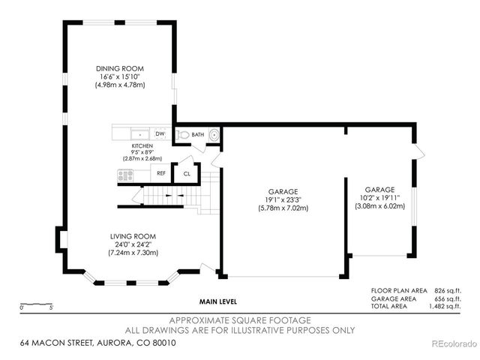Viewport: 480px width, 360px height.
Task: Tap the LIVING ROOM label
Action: (x=133, y=236)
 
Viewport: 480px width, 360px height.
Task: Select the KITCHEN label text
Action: (x=142, y=146)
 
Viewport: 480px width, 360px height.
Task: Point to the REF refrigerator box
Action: (x=160, y=173)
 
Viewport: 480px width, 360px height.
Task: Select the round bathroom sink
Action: (x=214, y=136)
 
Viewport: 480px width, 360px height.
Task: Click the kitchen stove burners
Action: (x=125, y=175)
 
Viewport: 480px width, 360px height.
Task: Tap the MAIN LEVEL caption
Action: (x=218, y=301)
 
